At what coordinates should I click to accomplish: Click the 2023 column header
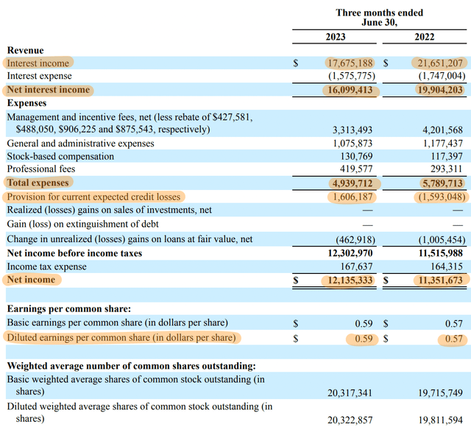(336, 37)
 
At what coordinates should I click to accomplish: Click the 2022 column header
(425, 37)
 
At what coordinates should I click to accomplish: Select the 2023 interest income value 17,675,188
(350, 63)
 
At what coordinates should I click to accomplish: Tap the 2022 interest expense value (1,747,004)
(442, 76)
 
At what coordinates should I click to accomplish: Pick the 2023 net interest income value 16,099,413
(350, 90)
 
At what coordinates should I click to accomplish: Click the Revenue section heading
(26, 50)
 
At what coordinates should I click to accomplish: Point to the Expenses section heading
(26, 103)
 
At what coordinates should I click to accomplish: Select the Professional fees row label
(41, 169)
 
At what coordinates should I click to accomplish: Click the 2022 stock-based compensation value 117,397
(447, 156)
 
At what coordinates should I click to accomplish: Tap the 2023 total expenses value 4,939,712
(353, 183)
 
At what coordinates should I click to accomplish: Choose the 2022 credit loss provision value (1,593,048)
(442, 197)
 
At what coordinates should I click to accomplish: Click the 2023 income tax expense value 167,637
(356, 266)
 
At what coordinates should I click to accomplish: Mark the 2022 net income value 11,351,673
(441, 280)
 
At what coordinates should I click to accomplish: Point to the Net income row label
(31, 280)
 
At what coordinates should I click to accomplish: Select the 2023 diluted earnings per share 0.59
(364, 339)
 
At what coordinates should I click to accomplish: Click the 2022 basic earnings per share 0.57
(454, 324)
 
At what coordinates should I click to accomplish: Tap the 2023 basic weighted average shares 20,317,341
(350, 393)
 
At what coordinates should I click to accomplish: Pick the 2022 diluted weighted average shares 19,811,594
(441, 420)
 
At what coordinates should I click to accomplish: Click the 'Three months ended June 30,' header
(380, 18)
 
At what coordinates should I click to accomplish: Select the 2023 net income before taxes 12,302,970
(350, 253)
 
